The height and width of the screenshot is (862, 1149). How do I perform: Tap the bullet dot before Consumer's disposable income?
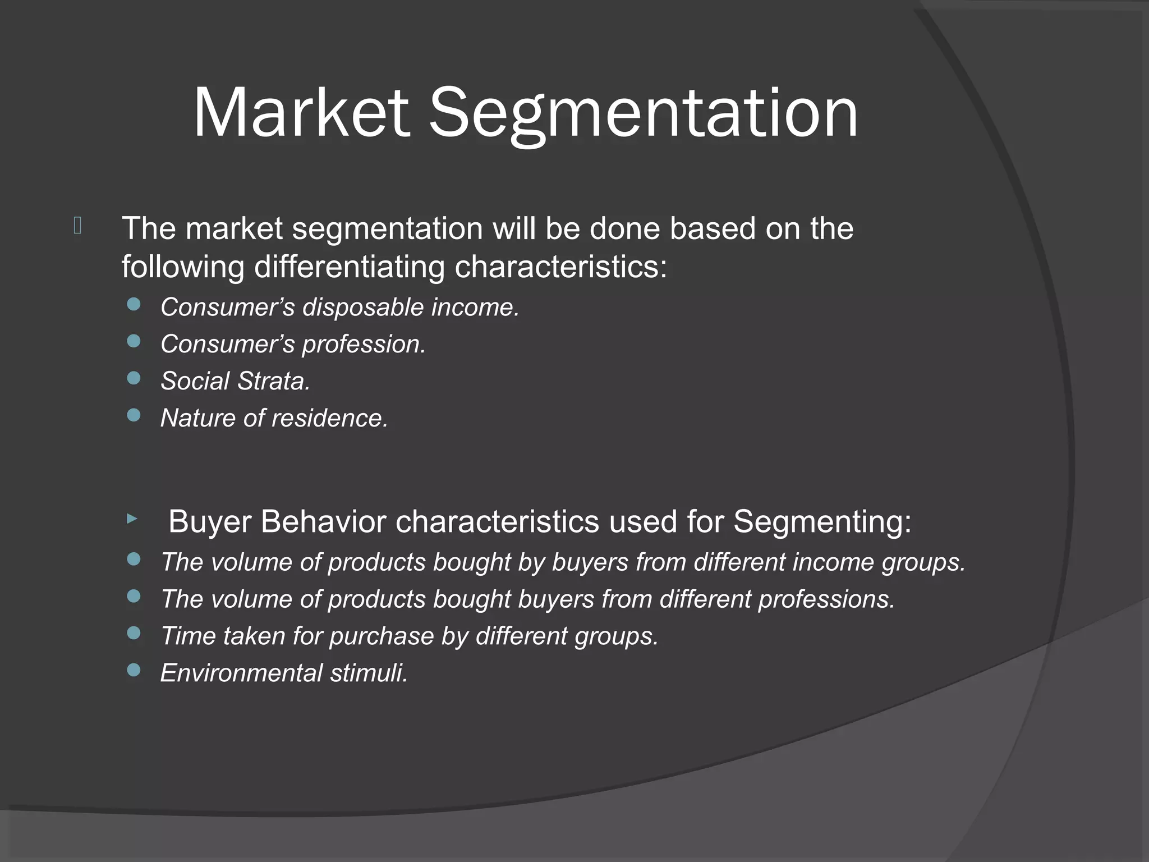point(134,305)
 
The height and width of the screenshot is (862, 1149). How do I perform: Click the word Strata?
point(274,381)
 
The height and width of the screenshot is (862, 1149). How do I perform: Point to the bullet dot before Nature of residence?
point(134,415)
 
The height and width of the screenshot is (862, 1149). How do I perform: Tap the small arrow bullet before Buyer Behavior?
point(132,519)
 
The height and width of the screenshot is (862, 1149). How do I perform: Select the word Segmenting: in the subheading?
point(822,521)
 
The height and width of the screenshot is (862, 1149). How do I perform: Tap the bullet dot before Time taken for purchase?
point(134,633)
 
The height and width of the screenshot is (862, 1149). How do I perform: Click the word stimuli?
point(369,673)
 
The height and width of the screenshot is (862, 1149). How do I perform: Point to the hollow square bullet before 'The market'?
point(77,226)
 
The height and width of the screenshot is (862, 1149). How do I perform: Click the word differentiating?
point(349,267)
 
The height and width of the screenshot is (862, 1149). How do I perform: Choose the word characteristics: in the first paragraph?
point(560,267)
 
